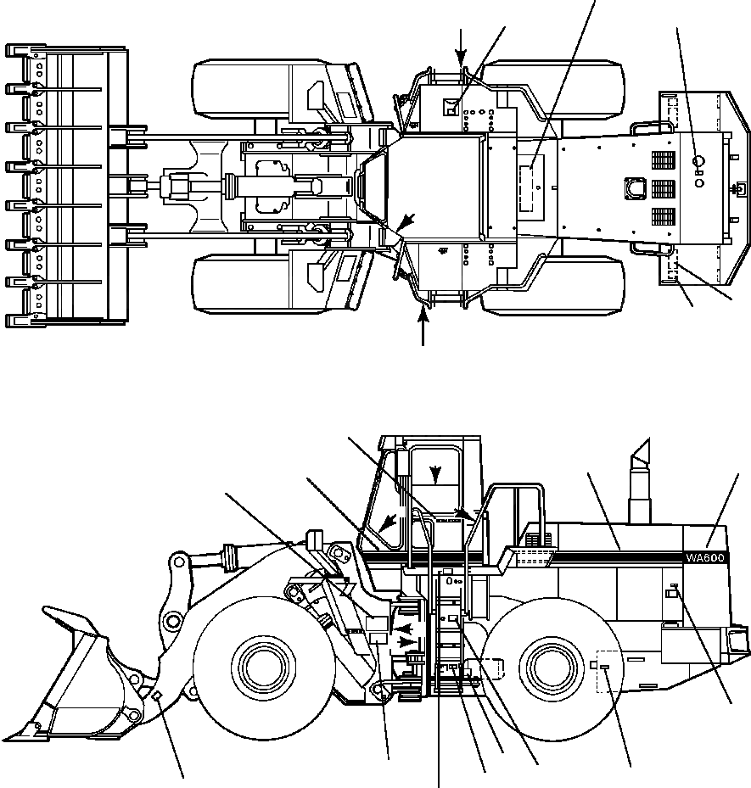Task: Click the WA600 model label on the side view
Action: tap(706, 557)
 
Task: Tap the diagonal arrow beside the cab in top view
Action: tap(407, 222)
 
